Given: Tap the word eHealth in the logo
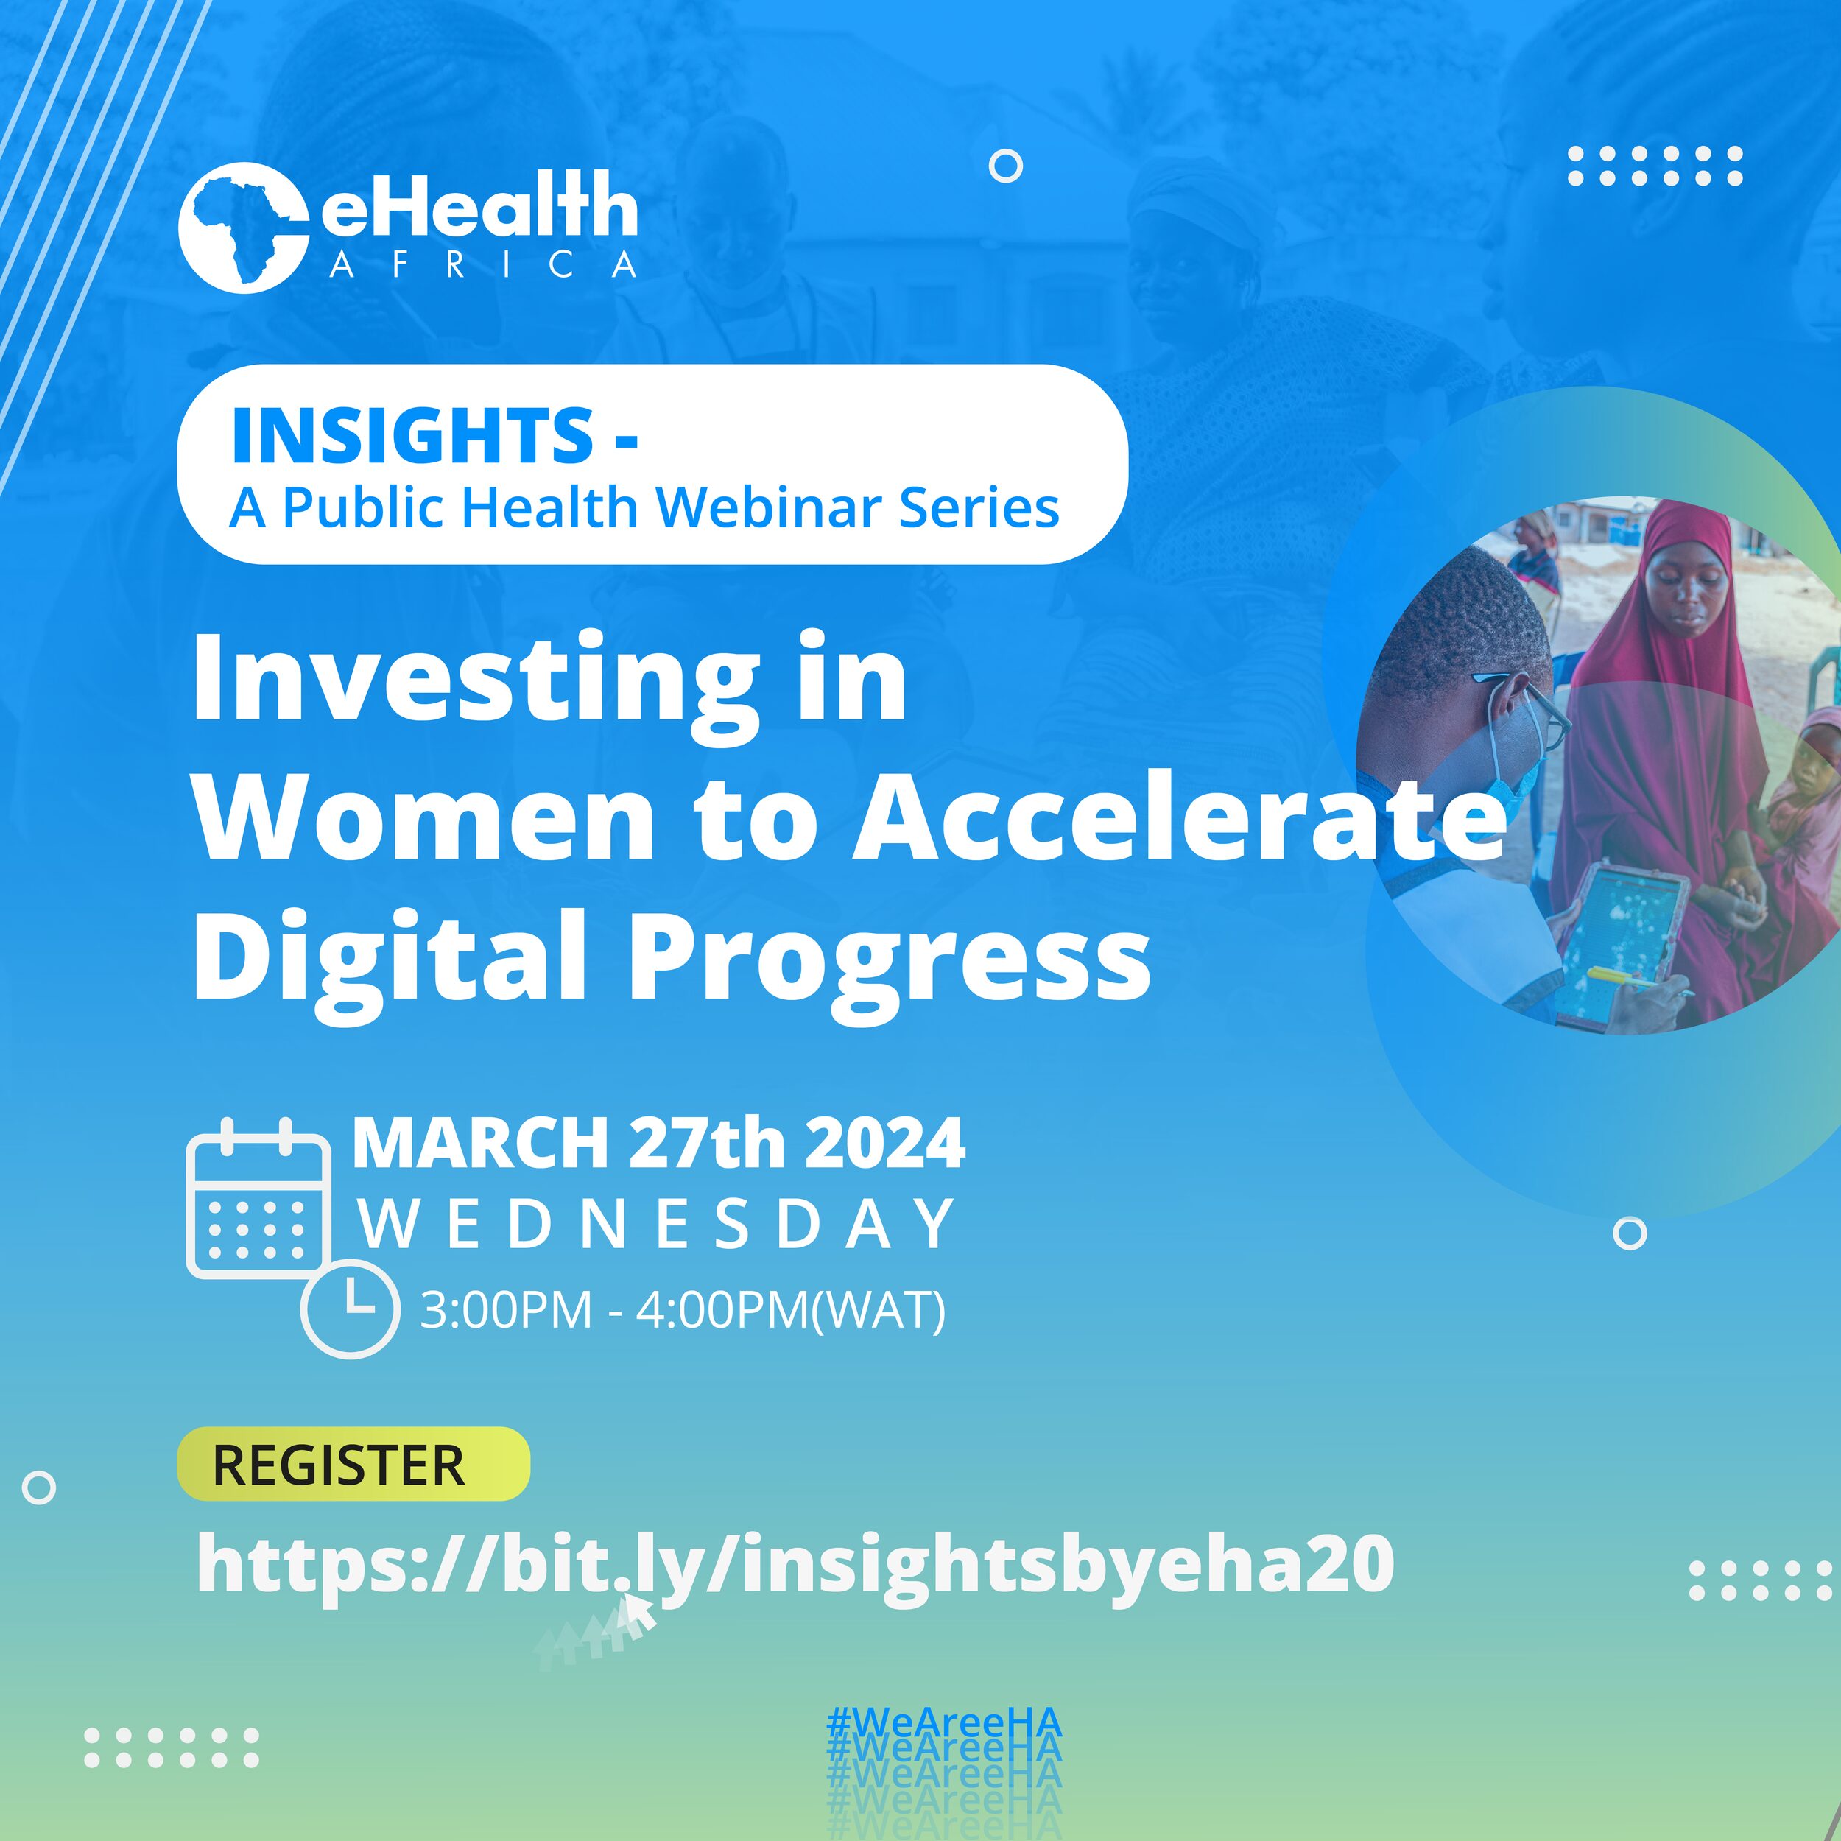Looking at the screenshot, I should [x=479, y=207].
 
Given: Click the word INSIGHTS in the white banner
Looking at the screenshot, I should [x=412, y=434].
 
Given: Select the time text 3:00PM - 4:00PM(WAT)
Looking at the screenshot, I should [x=683, y=1309].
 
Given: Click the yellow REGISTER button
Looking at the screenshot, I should [x=353, y=1465].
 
